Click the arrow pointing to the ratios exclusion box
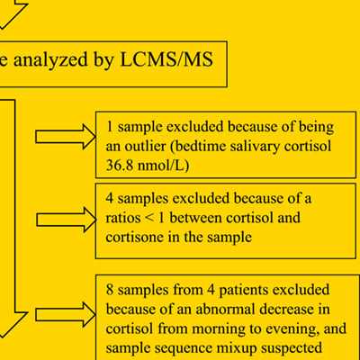[x=65, y=217]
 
